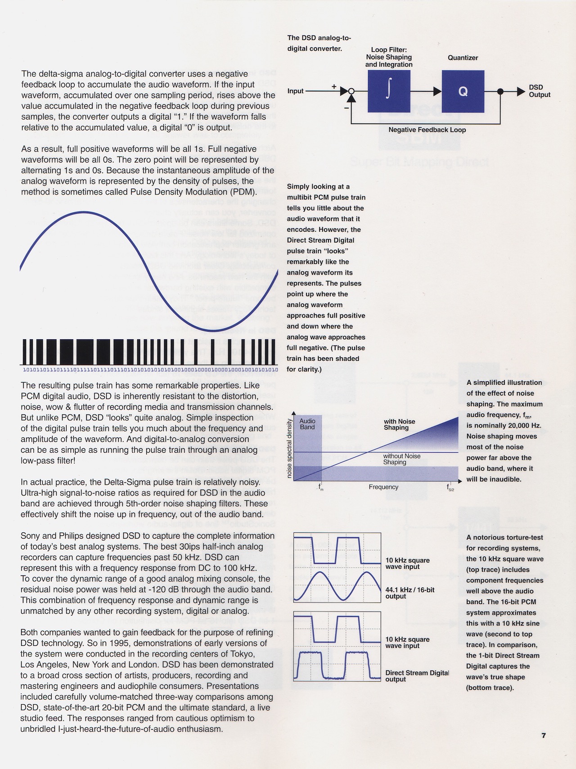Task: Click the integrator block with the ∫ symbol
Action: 389,91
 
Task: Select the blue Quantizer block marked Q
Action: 463,91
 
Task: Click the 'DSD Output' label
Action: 539,91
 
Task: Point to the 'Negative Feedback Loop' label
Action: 427,130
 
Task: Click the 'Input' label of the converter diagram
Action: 295,91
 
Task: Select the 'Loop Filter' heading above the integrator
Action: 389,50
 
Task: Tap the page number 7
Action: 544,736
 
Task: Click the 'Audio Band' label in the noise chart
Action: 307,424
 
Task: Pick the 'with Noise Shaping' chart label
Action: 399,424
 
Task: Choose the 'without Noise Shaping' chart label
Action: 401,459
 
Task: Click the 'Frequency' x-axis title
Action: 383,487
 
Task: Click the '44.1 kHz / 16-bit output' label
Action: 409,593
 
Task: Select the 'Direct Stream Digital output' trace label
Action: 417,676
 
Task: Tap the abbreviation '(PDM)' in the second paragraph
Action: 245,192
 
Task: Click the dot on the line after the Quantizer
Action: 500,91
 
